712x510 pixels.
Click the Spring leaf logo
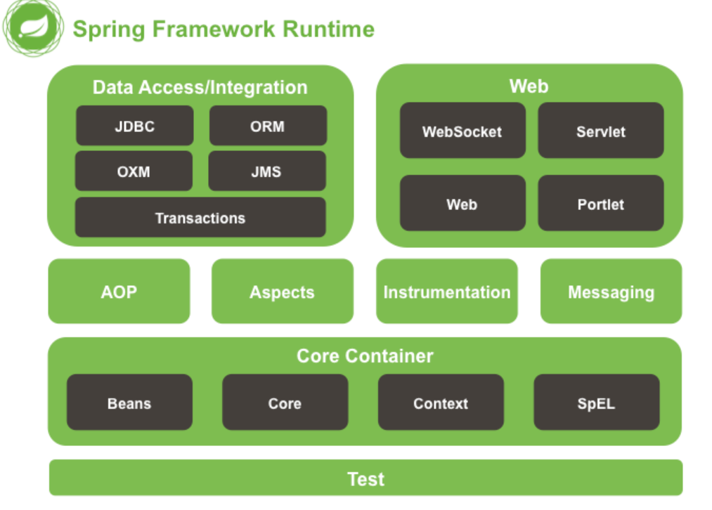point(32,28)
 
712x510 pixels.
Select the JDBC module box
point(134,126)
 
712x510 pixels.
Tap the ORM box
point(268,126)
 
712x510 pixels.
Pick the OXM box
point(134,171)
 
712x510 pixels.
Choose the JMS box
point(267,171)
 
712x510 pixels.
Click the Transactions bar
point(200,218)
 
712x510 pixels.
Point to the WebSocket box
point(462,131)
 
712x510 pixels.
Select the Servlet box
point(601,131)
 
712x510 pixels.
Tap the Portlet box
point(601,204)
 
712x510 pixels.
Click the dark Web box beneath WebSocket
point(462,204)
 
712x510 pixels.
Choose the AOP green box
point(119,292)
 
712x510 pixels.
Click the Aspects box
point(282,292)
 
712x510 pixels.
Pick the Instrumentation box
point(447,292)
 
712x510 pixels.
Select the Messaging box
point(611,292)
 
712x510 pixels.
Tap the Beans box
point(129,403)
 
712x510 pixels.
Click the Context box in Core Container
point(441,403)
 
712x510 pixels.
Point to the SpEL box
point(596,403)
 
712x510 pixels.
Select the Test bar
point(365,478)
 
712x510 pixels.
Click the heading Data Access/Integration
point(200,87)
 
